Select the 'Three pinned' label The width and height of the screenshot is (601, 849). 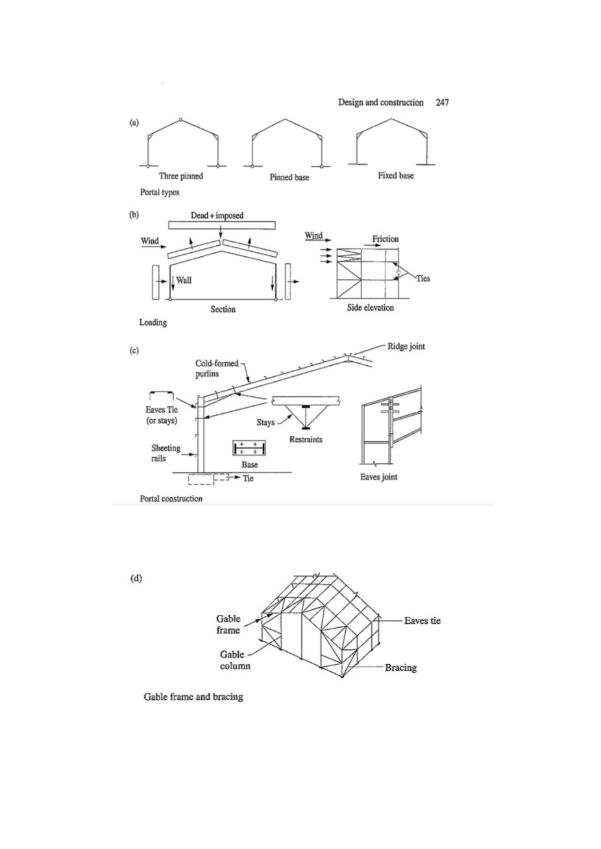(x=181, y=176)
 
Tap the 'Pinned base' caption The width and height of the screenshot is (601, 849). (x=289, y=177)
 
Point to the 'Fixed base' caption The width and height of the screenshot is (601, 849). (x=396, y=176)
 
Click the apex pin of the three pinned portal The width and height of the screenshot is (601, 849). (x=181, y=119)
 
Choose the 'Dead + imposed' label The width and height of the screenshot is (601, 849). (x=221, y=215)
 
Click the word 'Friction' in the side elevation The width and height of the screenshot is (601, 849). (x=386, y=239)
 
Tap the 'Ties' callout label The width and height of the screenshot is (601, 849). (x=423, y=279)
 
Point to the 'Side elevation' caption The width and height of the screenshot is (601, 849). (x=370, y=307)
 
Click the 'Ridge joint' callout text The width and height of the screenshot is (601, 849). (x=406, y=346)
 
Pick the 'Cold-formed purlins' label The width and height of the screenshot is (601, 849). (x=217, y=369)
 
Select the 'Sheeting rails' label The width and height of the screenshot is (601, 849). (x=166, y=453)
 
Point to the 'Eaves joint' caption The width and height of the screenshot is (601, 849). (x=379, y=477)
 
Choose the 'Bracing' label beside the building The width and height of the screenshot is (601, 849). (x=400, y=667)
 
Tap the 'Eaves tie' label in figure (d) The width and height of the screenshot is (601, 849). (x=422, y=621)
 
